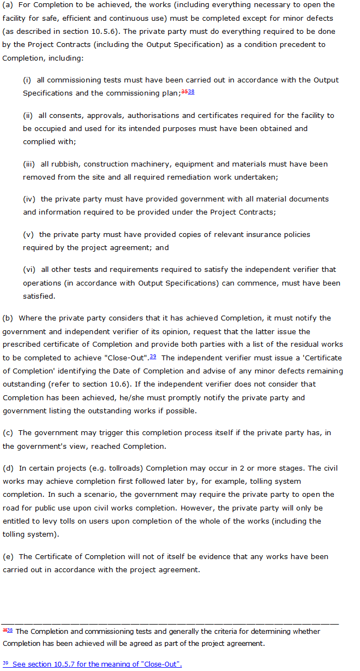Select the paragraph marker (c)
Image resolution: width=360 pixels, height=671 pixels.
pyautogui.click(x=8, y=433)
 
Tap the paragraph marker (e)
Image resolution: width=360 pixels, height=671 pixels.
pyautogui.click(x=8, y=556)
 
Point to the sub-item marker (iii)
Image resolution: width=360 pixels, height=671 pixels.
pyautogui.click(x=29, y=164)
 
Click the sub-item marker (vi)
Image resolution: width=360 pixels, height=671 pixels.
pyautogui.click(x=29, y=269)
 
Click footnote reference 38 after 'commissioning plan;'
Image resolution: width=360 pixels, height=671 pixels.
pyautogui.click(x=191, y=92)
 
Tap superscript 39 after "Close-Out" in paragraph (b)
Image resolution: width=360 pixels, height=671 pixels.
pyautogui.click(x=153, y=357)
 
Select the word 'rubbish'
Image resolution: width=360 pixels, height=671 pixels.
pyautogui.click(x=61, y=164)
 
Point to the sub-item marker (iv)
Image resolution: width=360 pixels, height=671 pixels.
pyautogui.click(x=29, y=199)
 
